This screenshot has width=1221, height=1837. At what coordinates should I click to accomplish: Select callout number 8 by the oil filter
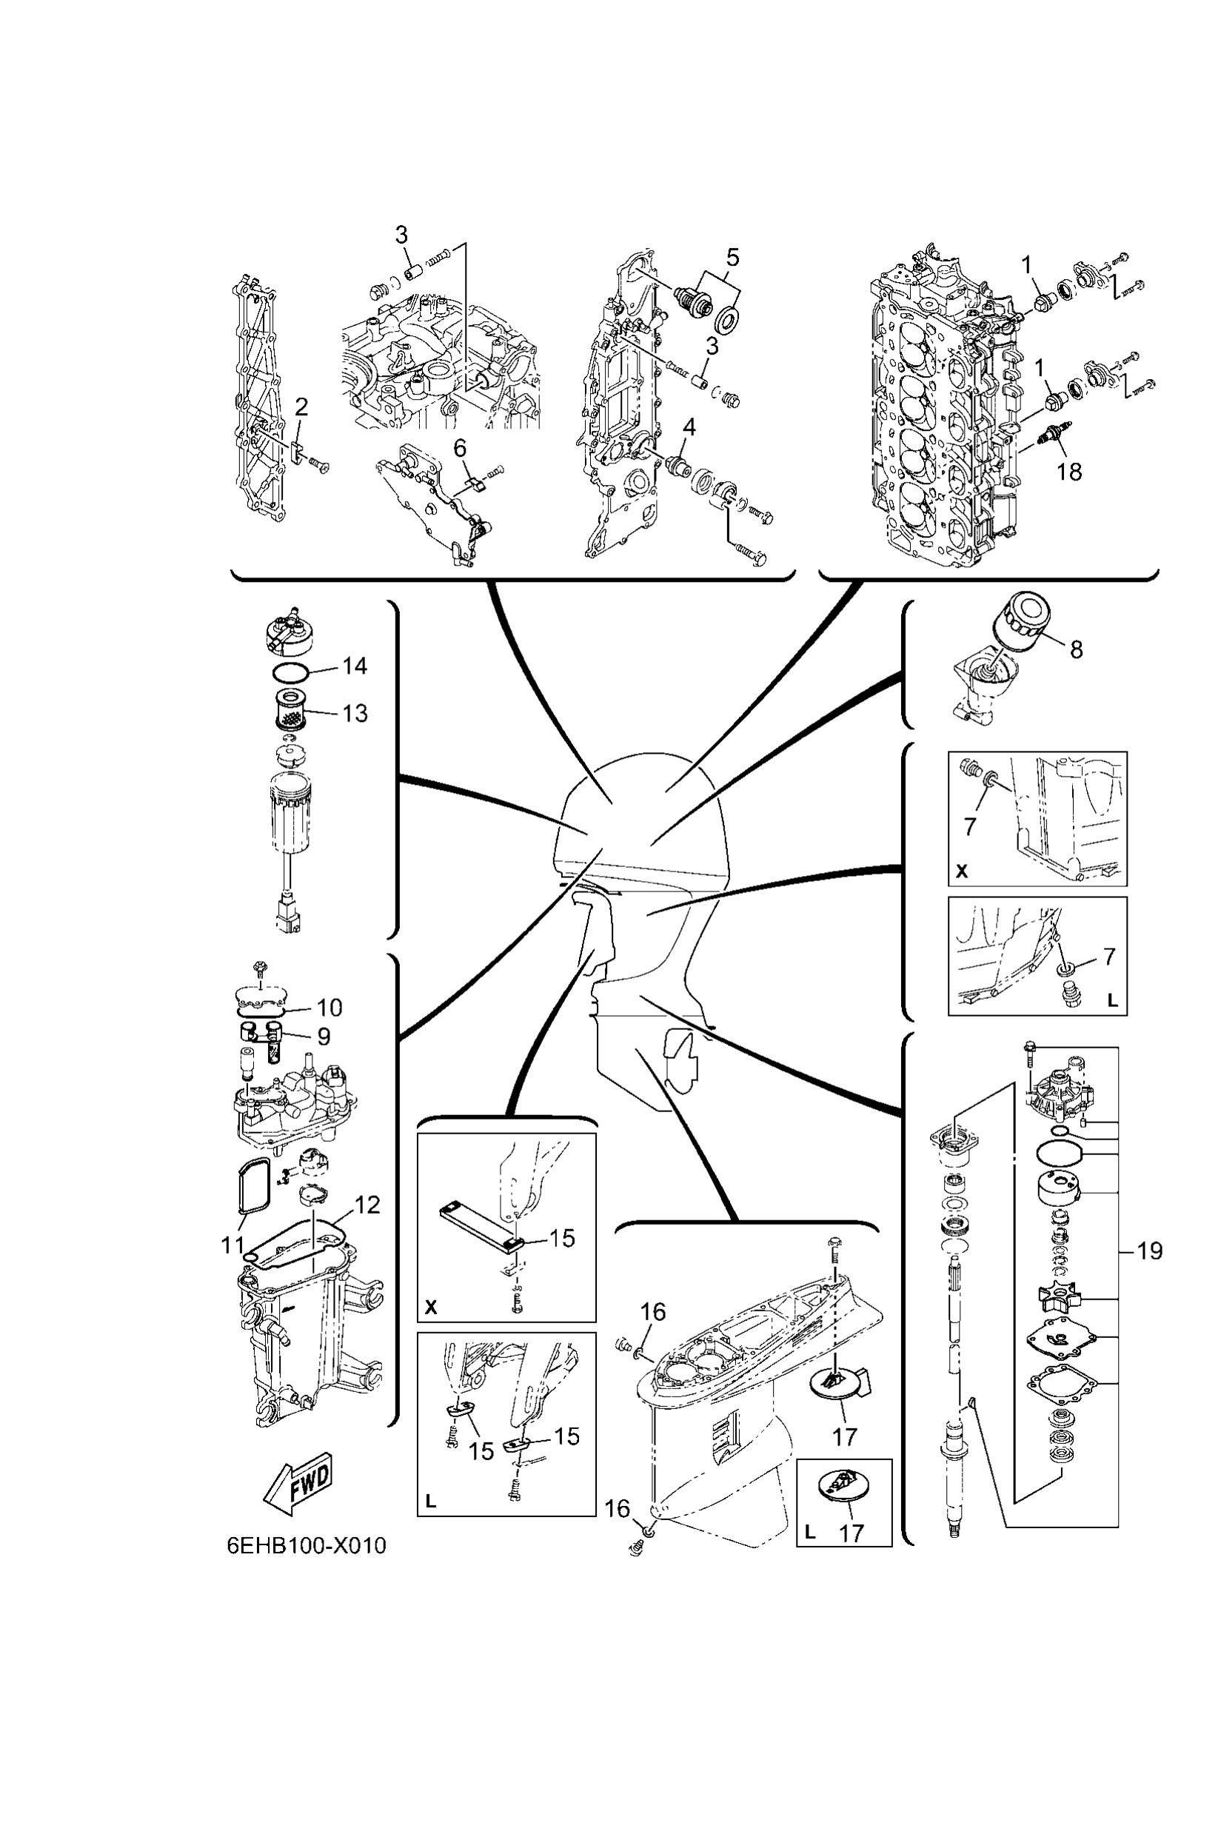pos(1076,649)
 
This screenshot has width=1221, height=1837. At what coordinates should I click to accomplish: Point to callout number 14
pos(355,666)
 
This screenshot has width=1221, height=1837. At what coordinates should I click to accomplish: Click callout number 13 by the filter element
pos(355,713)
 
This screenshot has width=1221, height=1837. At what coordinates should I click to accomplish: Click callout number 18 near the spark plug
pos(1069,470)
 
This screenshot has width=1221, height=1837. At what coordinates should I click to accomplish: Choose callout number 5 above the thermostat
pos(732,257)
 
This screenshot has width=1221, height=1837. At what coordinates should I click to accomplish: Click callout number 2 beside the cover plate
pos(301,406)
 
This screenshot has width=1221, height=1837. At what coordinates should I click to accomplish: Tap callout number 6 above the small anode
pos(461,448)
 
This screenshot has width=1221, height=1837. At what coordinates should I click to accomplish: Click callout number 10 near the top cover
pos(329,1007)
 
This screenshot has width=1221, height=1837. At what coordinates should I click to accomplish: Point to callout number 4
pos(689,426)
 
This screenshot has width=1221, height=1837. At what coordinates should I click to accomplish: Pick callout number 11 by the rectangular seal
pos(232,1245)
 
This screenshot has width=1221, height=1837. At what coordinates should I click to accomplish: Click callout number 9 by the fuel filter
pos(323,1036)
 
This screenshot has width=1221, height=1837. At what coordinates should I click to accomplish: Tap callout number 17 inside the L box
pos(852,1533)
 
